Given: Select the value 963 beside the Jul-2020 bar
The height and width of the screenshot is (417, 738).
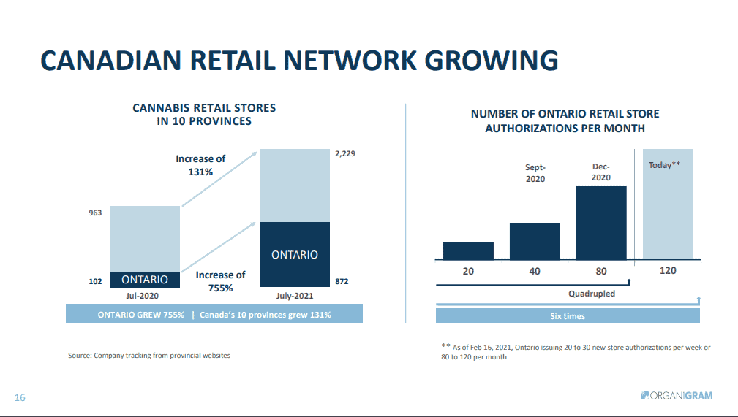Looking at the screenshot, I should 96,213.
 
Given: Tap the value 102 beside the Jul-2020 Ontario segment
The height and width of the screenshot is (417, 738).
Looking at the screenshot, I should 96,280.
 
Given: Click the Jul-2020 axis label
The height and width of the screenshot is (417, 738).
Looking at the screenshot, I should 143,297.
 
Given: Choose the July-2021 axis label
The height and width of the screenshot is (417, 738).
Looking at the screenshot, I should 295,297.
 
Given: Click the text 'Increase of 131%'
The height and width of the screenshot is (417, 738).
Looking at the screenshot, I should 200,166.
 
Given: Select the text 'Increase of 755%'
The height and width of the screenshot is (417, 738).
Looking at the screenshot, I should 220,281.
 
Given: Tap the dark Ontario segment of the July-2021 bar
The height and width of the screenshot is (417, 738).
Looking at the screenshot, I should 295,255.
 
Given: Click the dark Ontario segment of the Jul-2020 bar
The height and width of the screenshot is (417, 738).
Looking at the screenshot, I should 144,280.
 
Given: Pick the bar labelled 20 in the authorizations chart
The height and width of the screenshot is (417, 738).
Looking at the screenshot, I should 468,250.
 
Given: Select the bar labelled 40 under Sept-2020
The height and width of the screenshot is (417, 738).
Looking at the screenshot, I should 535,241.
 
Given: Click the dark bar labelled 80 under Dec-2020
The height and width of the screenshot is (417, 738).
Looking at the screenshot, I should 601,222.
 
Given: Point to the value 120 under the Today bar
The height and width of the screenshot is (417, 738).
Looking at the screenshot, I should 668,270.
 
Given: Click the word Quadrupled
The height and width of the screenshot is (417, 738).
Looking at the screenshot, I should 592,294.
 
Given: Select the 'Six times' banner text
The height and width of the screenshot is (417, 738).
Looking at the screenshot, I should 568,316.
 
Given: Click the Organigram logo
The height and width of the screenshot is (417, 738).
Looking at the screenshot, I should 676,396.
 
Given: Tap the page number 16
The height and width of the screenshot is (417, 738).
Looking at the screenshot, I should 20,397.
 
